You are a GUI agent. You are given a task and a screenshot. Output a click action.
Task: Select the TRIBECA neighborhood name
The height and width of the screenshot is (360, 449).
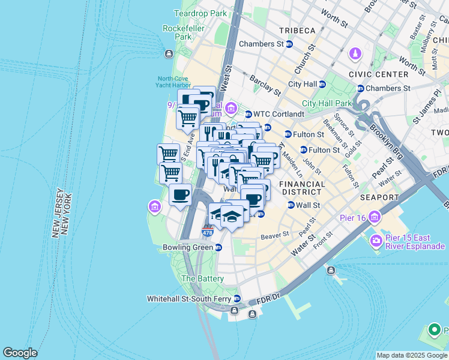click(x=296, y=31)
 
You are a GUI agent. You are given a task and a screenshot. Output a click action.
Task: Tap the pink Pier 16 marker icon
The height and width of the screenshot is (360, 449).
click(x=375, y=216)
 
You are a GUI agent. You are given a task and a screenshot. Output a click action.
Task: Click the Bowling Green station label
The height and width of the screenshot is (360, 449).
click(x=188, y=247)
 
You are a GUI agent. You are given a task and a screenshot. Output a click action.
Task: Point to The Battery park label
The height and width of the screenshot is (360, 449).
click(x=202, y=278)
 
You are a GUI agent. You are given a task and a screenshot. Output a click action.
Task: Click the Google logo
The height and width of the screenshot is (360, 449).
click(x=20, y=353)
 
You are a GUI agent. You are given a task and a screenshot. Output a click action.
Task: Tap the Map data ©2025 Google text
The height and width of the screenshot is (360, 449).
click(x=411, y=355)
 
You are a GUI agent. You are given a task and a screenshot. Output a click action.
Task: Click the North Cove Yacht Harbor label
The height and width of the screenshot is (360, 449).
click(x=174, y=82)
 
